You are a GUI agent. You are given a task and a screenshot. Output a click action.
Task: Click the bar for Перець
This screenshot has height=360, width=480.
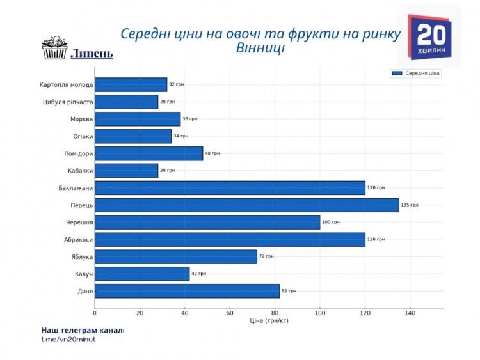(x=246, y=205)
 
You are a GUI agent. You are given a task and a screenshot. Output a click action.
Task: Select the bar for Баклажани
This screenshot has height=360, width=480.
(x=230, y=188)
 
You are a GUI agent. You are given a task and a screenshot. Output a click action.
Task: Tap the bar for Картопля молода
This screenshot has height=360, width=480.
(x=131, y=84)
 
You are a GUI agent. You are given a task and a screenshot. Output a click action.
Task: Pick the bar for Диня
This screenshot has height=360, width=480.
(x=187, y=291)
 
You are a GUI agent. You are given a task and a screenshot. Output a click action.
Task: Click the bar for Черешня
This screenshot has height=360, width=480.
(x=207, y=223)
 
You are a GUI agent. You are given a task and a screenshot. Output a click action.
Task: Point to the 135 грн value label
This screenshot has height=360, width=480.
(x=410, y=205)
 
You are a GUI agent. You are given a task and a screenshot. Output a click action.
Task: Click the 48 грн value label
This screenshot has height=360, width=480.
(x=212, y=153)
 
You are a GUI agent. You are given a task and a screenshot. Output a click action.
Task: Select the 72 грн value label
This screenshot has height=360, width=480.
(x=266, y=256)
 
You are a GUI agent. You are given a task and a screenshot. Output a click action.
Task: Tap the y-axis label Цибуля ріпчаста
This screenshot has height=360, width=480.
(x=66, y=102)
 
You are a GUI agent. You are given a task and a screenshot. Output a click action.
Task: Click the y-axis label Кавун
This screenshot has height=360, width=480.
(x=83, y=274)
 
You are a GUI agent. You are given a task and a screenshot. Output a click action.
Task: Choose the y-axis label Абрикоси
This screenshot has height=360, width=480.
(x=77, y=239)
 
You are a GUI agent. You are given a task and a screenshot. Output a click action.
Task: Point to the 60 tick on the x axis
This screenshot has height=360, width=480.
(x=230, y=313)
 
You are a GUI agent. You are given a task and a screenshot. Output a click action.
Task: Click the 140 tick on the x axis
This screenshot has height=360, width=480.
(x=410, y=313)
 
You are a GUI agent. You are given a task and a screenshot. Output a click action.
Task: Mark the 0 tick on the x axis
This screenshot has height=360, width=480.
(x=95, y=313)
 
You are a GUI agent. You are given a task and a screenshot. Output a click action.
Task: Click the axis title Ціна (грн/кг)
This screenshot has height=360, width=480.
(x=269, y=320)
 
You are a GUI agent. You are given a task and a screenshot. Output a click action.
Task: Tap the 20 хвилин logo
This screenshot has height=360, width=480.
(x=429, y=36)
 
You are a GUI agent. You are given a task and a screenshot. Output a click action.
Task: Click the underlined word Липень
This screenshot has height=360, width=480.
(x=92, y=53)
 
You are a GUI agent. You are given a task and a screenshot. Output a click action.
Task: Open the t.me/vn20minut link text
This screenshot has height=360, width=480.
(x=68, y=339)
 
